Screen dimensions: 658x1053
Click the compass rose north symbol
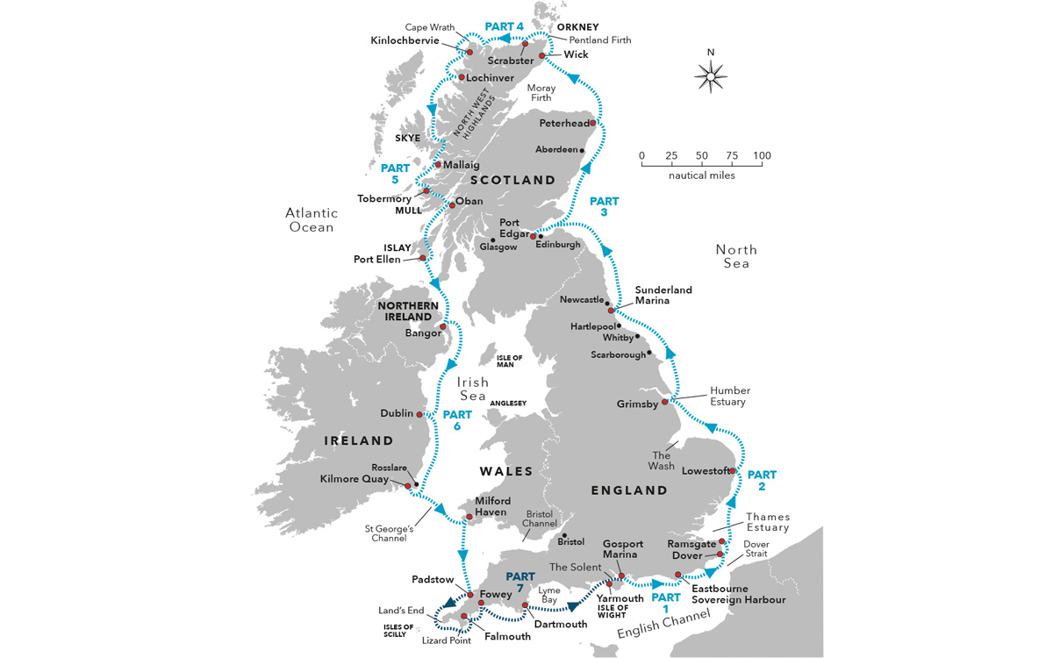pos(711,75)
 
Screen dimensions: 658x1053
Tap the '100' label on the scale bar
pos(762,156)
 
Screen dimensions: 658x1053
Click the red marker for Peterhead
pos(593,123)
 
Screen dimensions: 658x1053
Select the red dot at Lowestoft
pos(732,471)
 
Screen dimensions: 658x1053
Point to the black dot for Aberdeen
pos(582,150)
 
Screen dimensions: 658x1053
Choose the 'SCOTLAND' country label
pos(513,180)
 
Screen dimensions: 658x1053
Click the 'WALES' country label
pos(506,471)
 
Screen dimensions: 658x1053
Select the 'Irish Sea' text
pos(472,390)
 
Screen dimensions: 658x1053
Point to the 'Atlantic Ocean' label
pos(312,220)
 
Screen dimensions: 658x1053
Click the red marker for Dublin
pos(419,414)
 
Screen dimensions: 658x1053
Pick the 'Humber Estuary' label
pos(730,397)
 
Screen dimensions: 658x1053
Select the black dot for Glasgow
pos(493,240)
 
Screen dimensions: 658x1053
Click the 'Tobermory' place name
pos(384,198)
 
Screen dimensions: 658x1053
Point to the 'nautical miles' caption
pos(701,175)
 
